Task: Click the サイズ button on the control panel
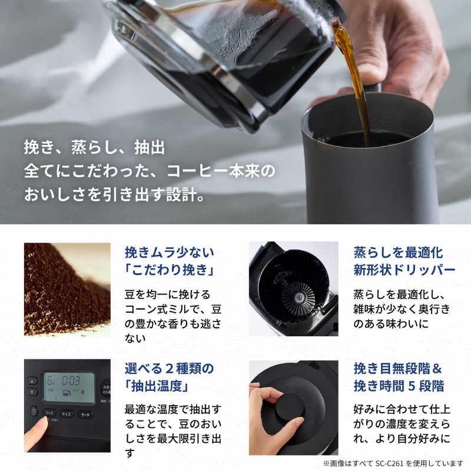(67, 413)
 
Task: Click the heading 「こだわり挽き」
(168, 272)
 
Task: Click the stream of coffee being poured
(354, 77)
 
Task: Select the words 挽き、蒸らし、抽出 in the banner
(94, 146)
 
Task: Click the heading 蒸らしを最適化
(398, 253)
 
